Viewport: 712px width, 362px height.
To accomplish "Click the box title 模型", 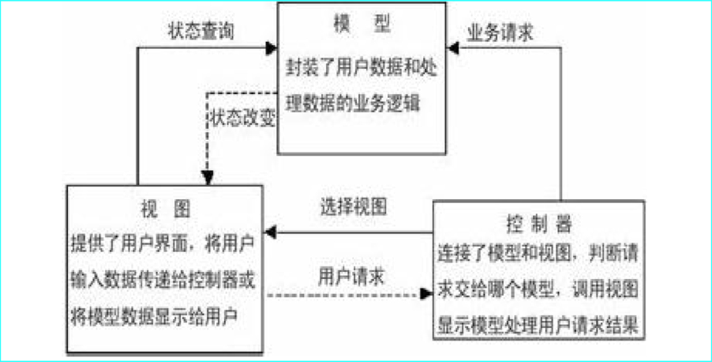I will click(362, 25).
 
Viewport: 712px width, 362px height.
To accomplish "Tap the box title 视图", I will click(163, 209).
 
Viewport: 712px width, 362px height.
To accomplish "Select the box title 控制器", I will click(538, 224).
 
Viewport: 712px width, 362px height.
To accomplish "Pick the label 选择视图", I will click(353, 206).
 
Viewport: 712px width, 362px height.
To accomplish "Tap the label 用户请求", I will click(351, 276).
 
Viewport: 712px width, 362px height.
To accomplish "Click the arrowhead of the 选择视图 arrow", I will click(270, 232).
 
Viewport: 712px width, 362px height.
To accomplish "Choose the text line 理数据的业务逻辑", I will click(352, 104).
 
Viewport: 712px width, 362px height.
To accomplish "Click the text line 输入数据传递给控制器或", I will click(163, 278).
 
